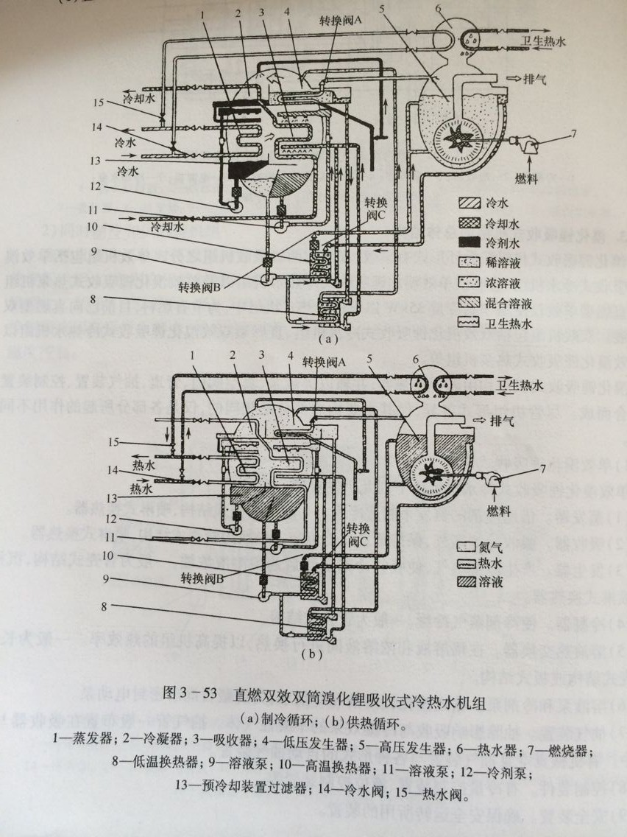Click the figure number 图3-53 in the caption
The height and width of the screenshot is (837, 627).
click(x=191, y=695)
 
